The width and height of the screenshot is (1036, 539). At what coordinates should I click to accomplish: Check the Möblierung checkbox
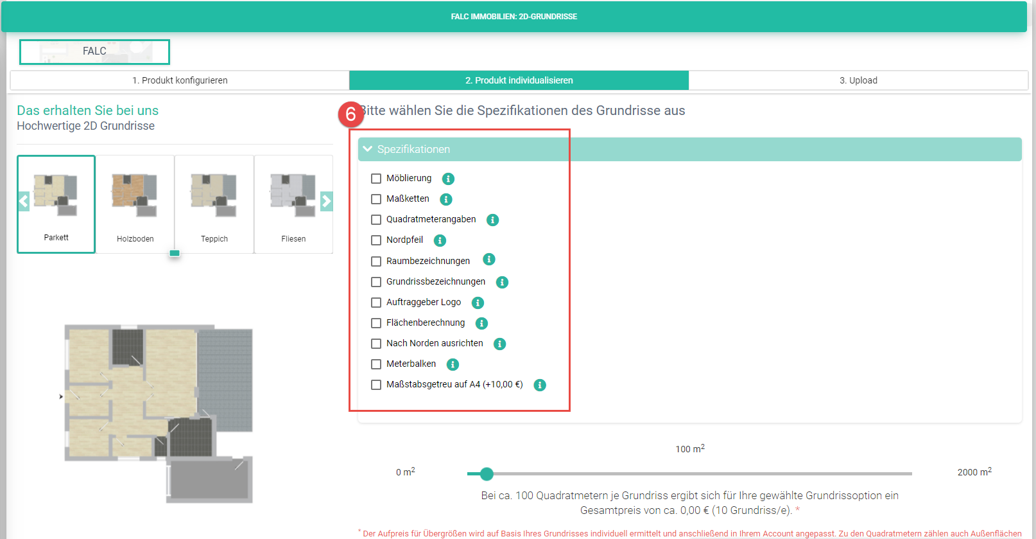[376, 179]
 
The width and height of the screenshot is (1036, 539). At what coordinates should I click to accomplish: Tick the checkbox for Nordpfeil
[376, 240]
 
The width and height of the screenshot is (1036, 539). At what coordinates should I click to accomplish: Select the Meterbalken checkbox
[376, 364]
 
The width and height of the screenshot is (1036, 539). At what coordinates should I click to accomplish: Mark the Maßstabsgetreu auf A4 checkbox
[376, 385]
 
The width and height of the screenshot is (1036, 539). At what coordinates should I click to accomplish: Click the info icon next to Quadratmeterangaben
[492, 220]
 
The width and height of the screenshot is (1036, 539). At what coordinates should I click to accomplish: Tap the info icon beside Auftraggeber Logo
[478, 303]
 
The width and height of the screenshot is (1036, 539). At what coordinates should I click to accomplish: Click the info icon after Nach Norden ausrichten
[499, 344]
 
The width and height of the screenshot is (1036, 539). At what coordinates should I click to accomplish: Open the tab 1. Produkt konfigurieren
[180, 80]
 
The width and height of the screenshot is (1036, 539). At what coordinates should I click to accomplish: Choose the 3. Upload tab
[858, 80]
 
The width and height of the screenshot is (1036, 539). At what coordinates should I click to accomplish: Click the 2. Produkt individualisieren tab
[519, 80]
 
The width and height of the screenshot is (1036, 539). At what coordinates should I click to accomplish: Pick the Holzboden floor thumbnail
[135, 204]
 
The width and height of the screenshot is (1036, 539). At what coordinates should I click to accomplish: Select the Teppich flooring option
[214, 204]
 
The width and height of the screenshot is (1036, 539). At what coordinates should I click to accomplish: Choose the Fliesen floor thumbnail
[293, 204]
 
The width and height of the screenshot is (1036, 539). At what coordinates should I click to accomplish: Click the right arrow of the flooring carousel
[327, 202]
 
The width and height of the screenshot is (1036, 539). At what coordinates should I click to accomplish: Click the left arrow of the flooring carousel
[24, 202]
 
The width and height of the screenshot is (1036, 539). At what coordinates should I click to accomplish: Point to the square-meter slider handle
[486, 473]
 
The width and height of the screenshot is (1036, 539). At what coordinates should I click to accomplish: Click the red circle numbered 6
[350, 114]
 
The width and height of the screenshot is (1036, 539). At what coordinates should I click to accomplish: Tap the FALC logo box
[94, 51]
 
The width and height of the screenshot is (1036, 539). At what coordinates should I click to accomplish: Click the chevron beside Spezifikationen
[368, 149]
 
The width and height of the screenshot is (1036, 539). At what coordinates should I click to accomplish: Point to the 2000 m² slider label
[974, 472]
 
